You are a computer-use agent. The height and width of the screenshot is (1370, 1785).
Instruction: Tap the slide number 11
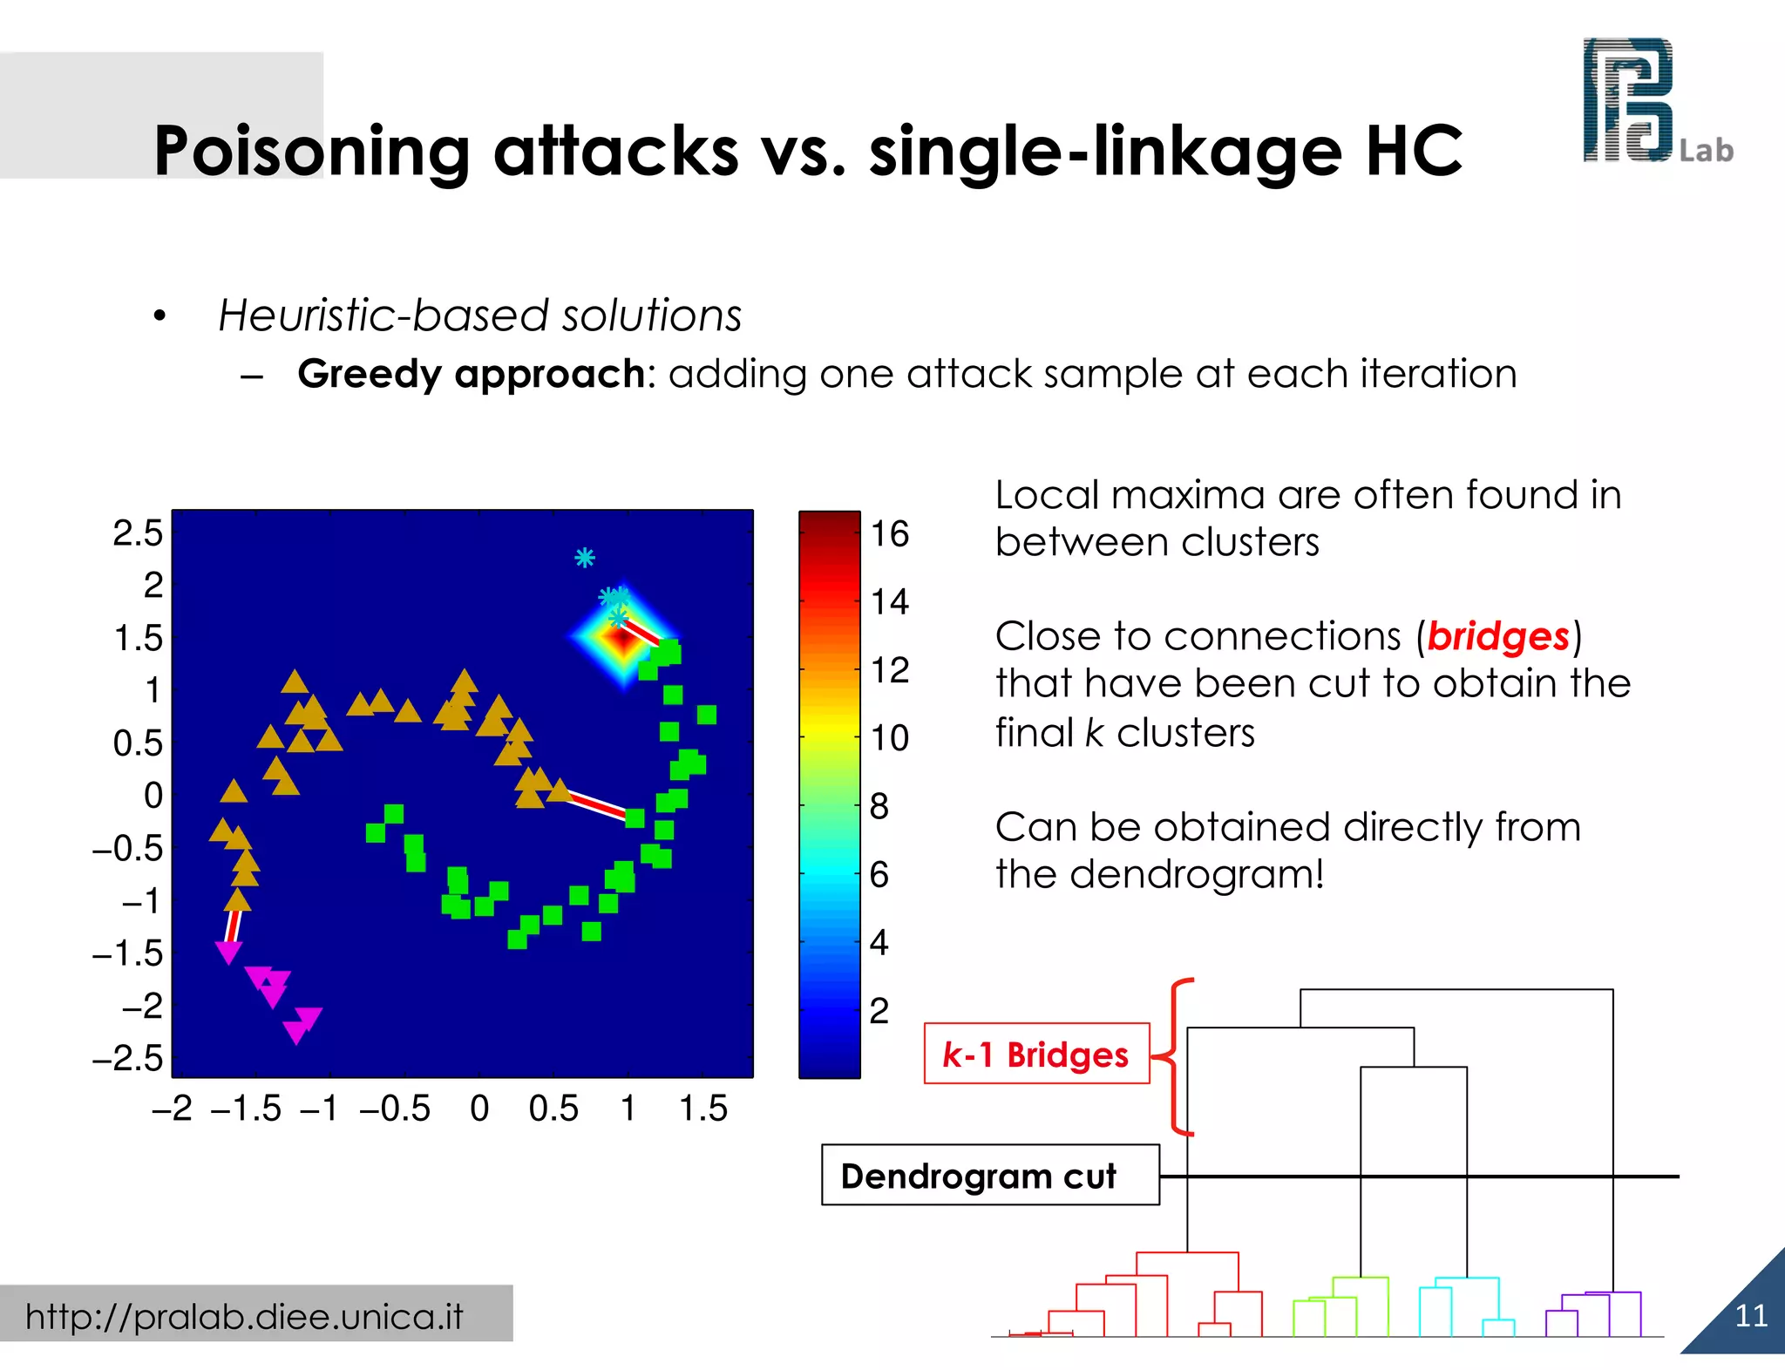pyautogui.click(x=1750, y=1315)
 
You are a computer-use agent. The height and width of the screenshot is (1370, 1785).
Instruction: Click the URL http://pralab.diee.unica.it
pyautogui.click(x=244, y=1316)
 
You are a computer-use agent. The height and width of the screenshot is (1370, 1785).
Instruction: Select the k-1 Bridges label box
pyautogui.click(x=1036, y=1054)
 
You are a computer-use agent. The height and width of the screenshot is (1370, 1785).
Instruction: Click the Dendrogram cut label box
pyautogui.click(x=990, y=1176)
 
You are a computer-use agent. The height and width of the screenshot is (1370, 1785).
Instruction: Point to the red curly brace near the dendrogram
pyautogui.click(x=1177, y=1056)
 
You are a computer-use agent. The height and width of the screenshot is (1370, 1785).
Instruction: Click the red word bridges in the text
pyautogui.click(x=1497, y=636)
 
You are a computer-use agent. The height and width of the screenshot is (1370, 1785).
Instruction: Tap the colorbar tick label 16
pyautogui.click(x=890, y=533)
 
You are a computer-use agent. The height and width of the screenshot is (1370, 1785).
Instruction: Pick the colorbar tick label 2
pyautogui.click(x=879, y=1011)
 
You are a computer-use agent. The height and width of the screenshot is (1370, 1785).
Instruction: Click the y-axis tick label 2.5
pyautogui.click(x=138, y=532)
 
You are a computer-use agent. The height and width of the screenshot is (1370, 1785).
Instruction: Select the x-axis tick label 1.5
pyautogui.click(x=702, y=1109)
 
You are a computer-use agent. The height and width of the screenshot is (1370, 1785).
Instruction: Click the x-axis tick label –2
pyautogui.click(x=172, y=1109)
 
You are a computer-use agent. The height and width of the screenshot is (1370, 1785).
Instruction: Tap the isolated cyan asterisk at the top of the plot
pyautogui.click(x=585, y=558)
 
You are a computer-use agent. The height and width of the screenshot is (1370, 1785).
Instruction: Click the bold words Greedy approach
pyautogui.click(x=471, y=374)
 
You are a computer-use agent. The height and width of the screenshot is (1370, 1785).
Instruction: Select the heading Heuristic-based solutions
pyautogui.click(x=479, y=315)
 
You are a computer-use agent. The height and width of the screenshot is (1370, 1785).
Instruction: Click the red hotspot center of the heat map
pyautogui.click(x=622, y=641)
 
